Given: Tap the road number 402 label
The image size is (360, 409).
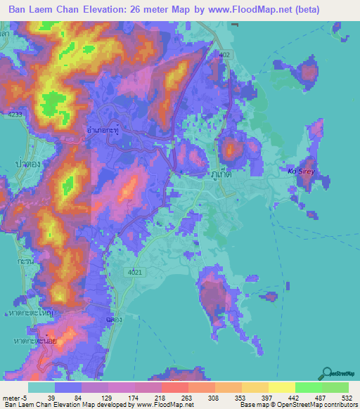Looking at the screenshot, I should click(225, 54).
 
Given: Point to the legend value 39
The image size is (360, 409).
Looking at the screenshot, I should click(51, 398).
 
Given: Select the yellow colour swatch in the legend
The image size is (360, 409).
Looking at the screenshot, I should click(281, 387).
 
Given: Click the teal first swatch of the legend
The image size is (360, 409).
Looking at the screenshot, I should click(41, 387).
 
